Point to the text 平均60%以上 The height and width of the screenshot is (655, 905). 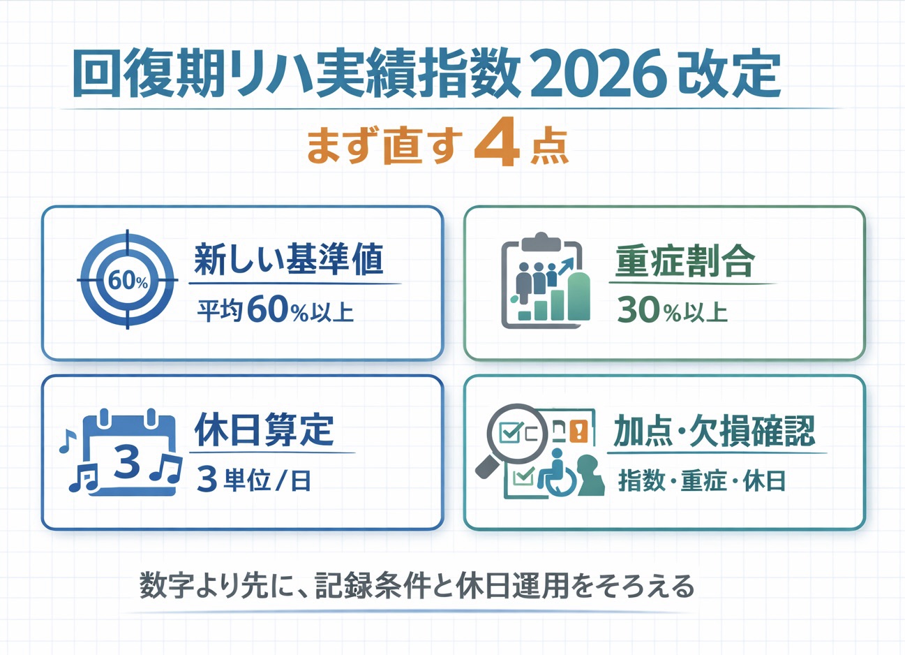tap(275, 310)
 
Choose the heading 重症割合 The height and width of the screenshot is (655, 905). tap(685, 262)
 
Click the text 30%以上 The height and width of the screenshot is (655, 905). tap(672, 311)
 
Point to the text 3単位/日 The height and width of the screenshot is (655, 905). tap(254, 480)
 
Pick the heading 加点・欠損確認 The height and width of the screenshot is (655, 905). tap(714, 431)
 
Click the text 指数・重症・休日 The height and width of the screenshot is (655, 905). tap(702, 480)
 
